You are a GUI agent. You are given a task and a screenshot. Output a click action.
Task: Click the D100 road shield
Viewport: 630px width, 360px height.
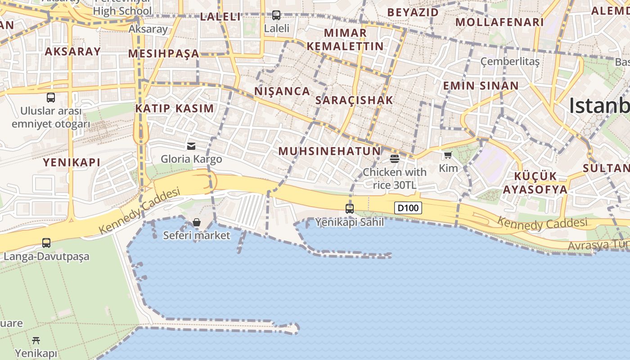point(408,208)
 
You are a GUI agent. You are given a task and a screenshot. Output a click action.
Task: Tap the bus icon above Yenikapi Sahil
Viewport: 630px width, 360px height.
point(350,209)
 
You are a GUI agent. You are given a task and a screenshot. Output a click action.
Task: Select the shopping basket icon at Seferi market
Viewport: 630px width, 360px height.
point(197,222)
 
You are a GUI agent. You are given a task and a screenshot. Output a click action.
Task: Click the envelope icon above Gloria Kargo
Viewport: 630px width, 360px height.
point(191,146)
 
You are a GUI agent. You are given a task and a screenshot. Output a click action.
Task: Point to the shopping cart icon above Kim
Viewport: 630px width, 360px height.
point(448,155)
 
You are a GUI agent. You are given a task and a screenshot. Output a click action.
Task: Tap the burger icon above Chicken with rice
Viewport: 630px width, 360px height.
point(395,158)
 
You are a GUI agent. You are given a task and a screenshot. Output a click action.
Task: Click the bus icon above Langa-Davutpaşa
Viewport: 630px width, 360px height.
point(46,243)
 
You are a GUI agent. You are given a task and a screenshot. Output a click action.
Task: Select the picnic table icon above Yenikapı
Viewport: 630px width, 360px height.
point(36,340)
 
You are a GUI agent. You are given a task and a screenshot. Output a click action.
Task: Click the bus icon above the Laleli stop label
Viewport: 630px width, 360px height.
point(276,15)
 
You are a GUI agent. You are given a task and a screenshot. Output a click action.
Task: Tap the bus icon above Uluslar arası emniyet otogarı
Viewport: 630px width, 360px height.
point(51,97)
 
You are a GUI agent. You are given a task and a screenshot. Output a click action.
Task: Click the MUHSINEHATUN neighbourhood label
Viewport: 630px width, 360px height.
point(329,151)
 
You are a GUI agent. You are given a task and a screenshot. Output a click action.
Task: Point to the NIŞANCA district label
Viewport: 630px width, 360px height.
point(282,91)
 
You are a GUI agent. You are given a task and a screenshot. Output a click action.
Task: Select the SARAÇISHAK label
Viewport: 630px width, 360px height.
point(354,100)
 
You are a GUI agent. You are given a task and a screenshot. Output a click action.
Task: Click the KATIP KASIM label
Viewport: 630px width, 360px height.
point(175,108)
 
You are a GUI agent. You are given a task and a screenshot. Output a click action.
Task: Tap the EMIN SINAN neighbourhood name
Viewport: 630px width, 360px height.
point(481,85)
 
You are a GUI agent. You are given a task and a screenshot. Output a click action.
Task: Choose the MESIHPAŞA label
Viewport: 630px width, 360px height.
point(163,54)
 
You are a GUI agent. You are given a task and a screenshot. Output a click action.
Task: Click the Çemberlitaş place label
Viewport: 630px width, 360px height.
point(510,61)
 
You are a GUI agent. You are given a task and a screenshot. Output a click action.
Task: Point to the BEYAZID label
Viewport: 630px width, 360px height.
point(413,12)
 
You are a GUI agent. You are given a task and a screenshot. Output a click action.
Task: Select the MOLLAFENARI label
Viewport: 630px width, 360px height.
point(499,22)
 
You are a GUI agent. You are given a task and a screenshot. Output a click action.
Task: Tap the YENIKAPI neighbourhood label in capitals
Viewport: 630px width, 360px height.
point(72,162)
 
